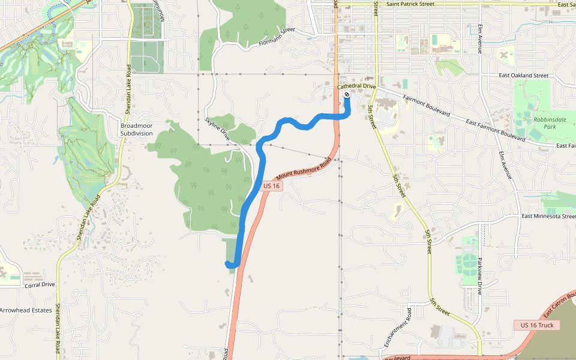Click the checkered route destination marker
tap(347, 94)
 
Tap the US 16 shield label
tap(272, 186)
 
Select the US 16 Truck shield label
tap(537, 325)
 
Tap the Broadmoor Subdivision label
tap(136, 129)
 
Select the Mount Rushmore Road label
tap(304, 170)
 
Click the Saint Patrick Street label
tap(410, 4)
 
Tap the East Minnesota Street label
tap(548, 216)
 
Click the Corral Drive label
tap(40, 285)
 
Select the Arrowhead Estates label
tap(26, 310)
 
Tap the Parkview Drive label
tap(480, 276)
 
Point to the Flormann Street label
tap(277, 37)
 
